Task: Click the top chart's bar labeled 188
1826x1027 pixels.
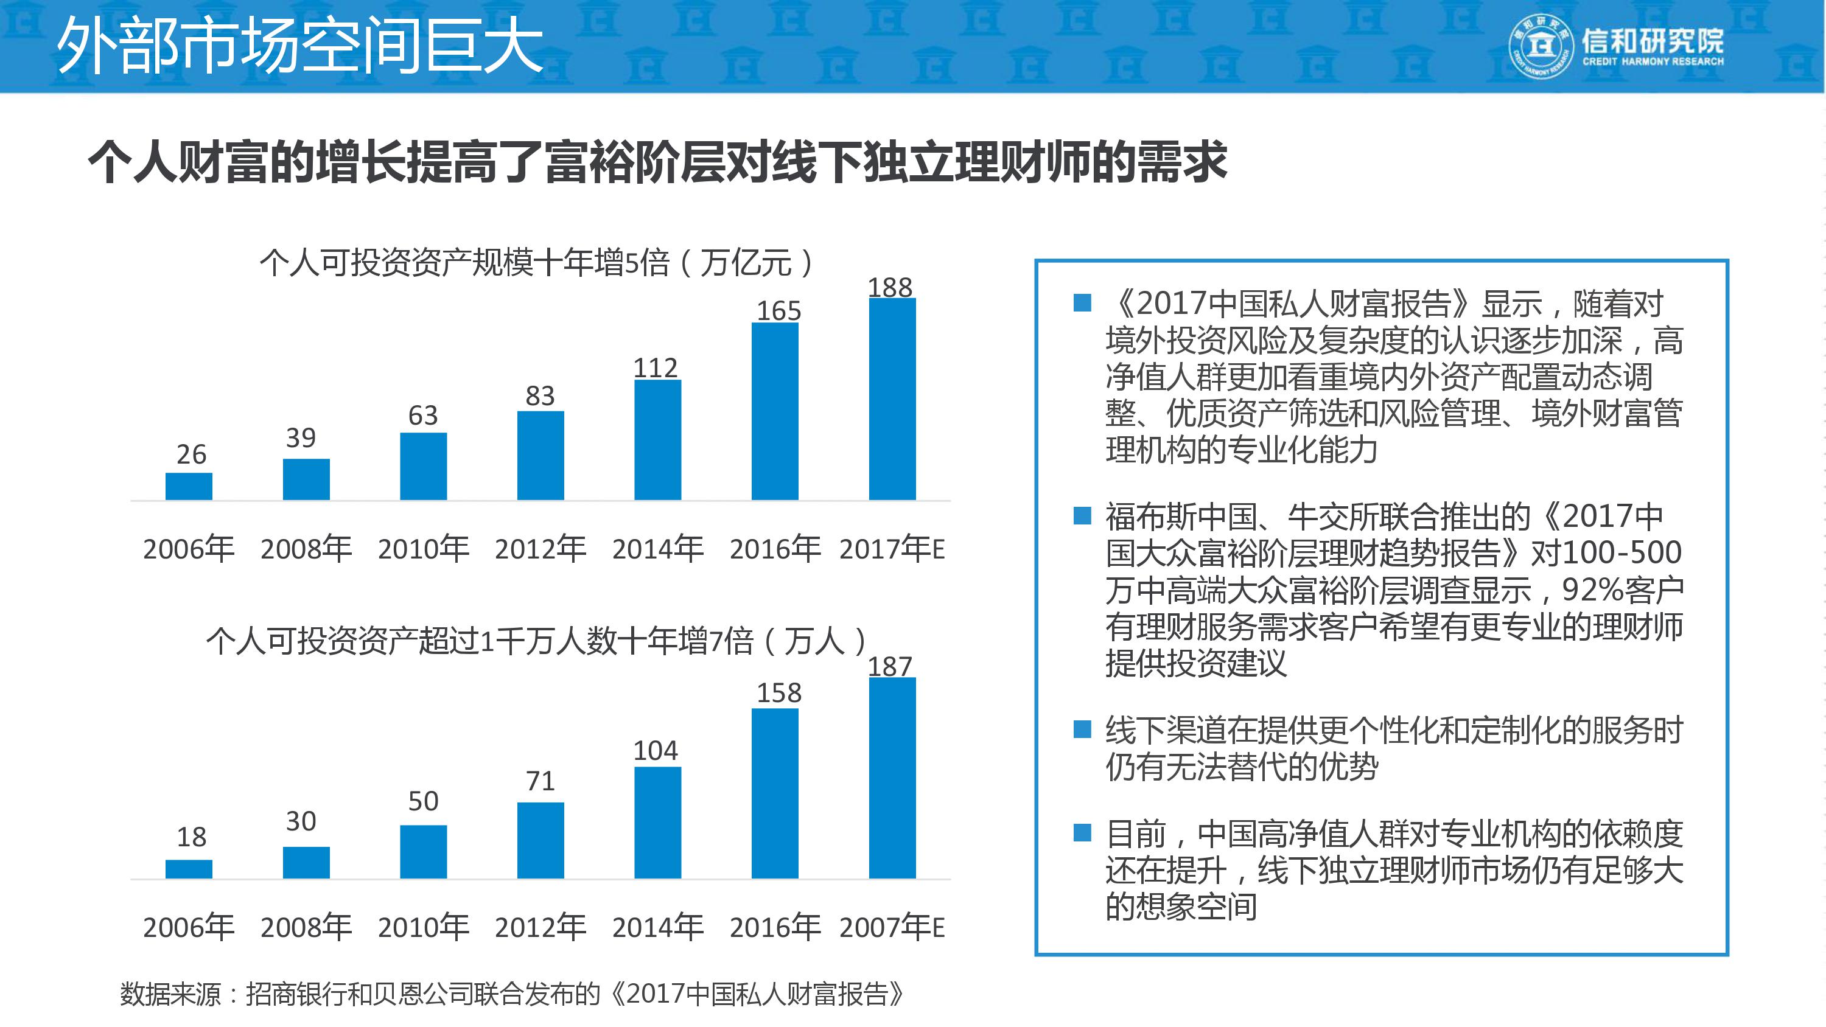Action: point(892,399)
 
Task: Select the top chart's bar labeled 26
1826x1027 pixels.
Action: point(189,486)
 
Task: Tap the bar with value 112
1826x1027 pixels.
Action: point(657,440)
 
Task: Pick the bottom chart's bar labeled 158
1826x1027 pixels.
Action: point(775,793)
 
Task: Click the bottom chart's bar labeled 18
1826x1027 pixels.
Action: point(189,869)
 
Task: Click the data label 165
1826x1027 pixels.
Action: point(778,310)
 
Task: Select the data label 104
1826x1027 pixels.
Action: point(655,750)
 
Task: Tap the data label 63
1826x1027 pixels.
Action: point(423,414)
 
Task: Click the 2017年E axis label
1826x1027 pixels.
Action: point(892,549)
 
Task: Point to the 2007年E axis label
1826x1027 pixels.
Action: point(892,927)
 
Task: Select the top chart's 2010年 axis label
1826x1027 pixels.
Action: point(423,549)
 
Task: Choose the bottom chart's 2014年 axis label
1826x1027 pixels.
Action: point(657,927)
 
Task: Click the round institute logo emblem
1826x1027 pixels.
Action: point(1540,46)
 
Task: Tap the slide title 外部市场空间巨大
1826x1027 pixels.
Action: point(299,46)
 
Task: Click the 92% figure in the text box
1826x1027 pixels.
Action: point(1592,589)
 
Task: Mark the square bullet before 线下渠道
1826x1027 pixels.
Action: point(1082,729)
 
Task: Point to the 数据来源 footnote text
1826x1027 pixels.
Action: point(511,994)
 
